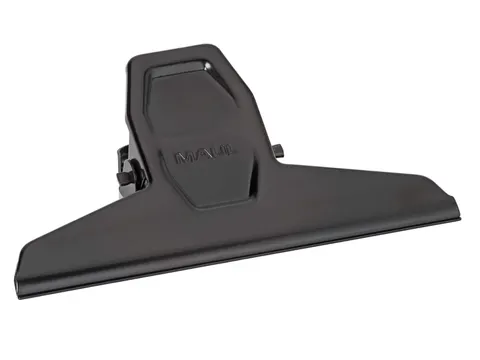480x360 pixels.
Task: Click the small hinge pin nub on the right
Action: point(278,153)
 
